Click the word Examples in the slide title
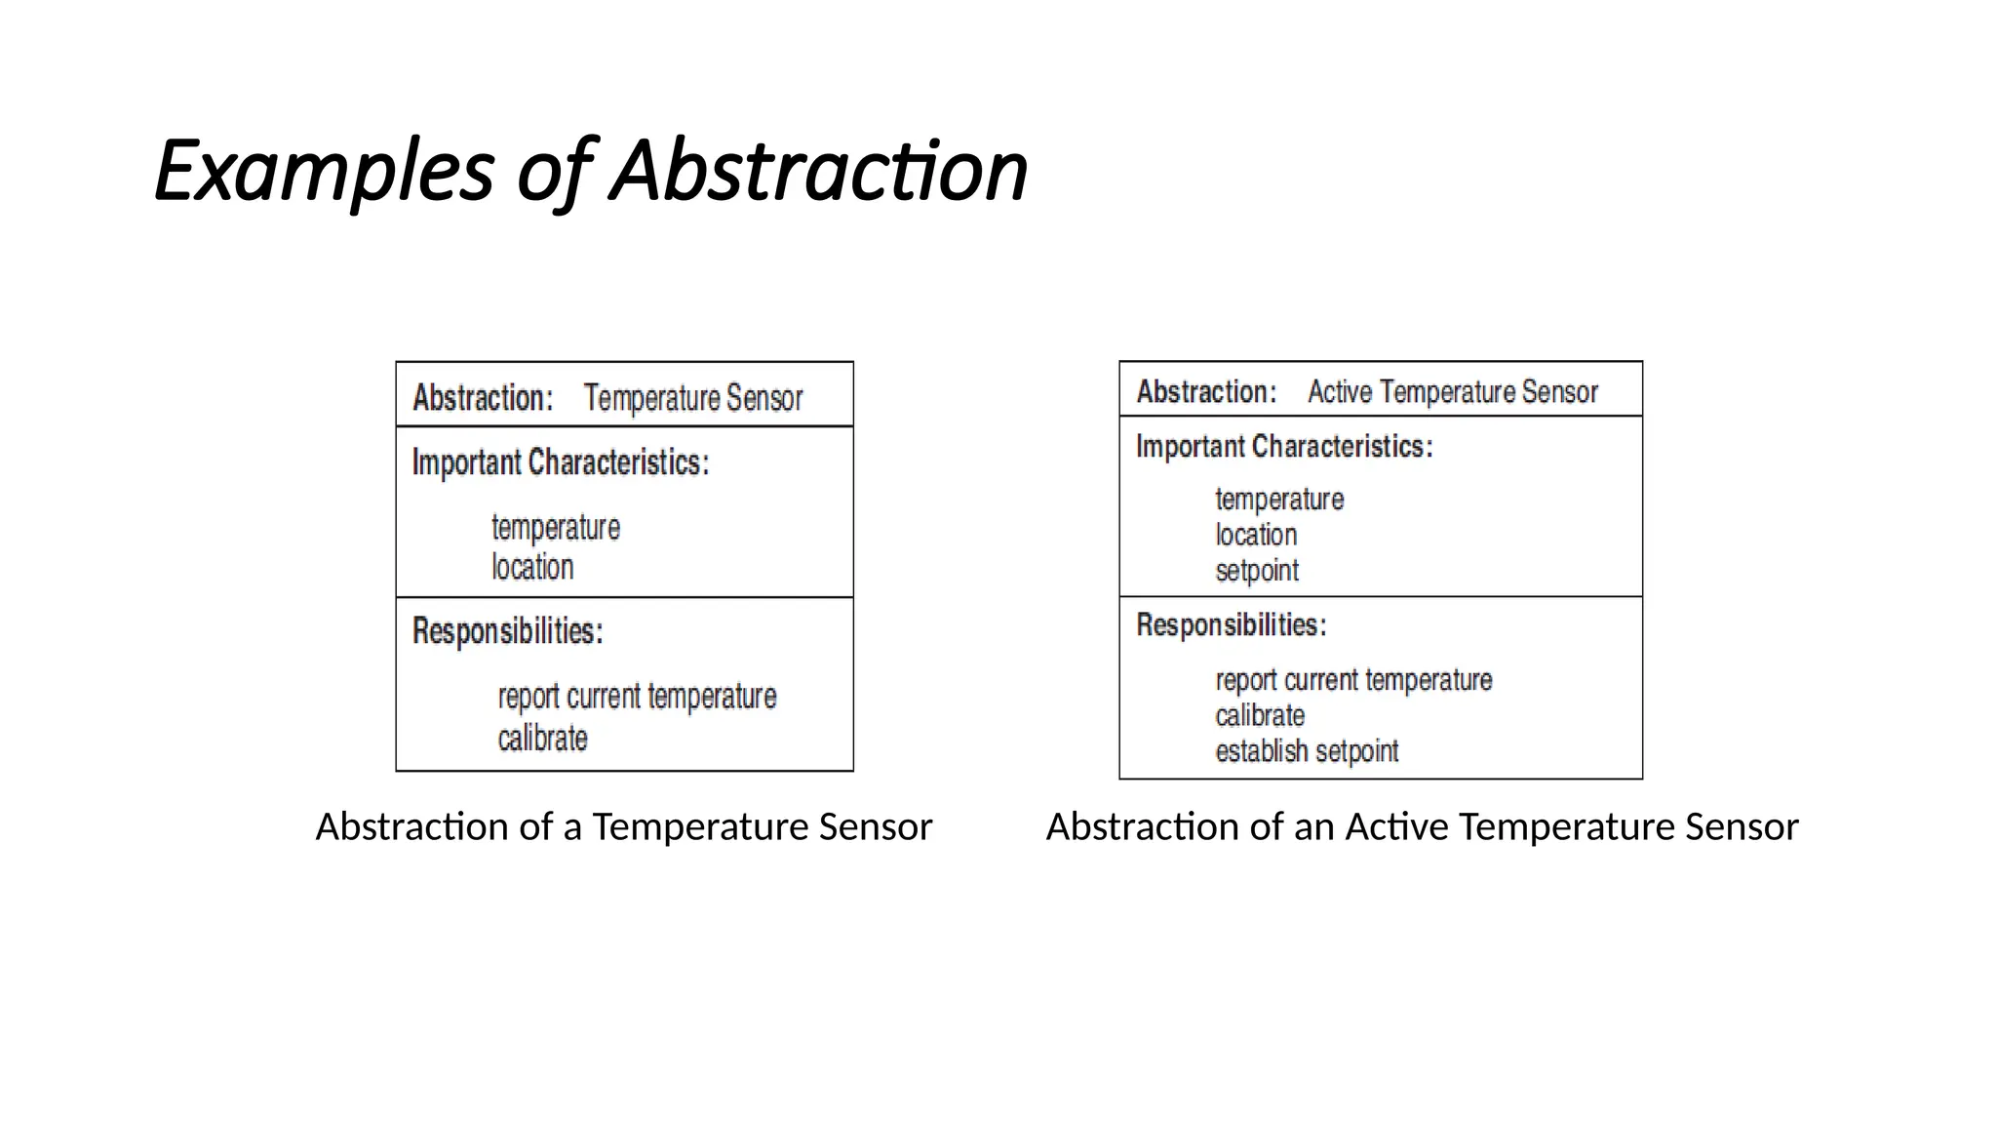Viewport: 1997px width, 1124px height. click(324, 172)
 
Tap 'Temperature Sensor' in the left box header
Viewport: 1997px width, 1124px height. click(692, 398)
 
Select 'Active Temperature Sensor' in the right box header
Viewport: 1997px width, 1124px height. click(1452, 392)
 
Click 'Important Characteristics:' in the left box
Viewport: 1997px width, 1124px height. click(560, 462)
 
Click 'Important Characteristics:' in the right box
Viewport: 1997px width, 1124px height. click(1283, 447)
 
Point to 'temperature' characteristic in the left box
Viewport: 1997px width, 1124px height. click(555, 528)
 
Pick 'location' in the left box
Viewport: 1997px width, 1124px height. click(532, 567)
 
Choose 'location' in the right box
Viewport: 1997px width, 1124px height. click(1256, 535)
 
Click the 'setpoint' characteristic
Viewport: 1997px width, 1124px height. click(1257, 571)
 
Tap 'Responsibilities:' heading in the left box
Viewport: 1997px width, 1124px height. click(507, 631)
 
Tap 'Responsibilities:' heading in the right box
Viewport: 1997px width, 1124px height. click(1231, 625)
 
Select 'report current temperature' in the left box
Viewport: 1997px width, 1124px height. click(637, 697)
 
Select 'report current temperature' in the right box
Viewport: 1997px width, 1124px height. click(1353, 680)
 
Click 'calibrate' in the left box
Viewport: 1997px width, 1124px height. click(542, 739)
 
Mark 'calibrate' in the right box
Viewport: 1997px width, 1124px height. click(1260, 716)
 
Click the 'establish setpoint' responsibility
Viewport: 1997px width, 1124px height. click(1307, 751)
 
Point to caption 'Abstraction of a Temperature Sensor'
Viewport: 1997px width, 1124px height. click(624, 827)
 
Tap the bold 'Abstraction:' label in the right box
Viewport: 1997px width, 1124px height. click(1206, 392)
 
